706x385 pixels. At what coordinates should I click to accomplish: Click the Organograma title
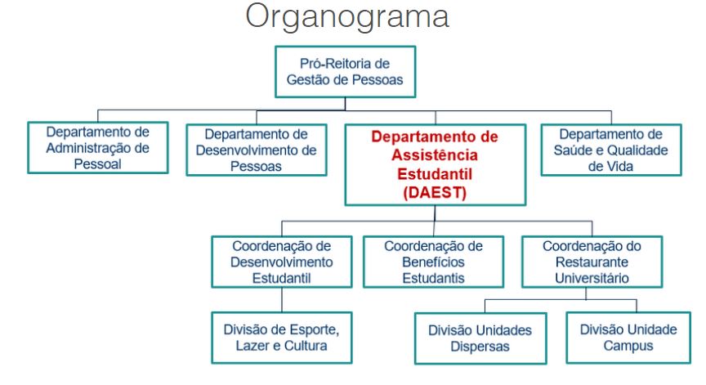click(x=347, y=17)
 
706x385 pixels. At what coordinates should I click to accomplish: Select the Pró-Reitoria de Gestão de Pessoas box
click(x=346, y=72)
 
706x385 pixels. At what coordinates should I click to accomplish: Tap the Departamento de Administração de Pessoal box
click(x=98, y=148)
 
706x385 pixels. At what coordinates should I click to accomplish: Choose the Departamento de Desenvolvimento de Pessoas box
click(x=257, y=150)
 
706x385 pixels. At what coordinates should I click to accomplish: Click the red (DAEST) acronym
click(x=435, y=193)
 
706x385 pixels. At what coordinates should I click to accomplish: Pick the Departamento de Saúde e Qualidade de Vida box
click(x=611, y=150)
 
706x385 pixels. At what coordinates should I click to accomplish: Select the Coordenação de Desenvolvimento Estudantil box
click(x=282, y=262)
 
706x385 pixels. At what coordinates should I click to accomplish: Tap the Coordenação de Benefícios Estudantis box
click(x=433, y=262)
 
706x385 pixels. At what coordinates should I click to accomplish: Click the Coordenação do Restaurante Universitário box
click(x=592, y=262)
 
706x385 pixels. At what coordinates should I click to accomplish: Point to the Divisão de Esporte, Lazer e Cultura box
click(x=282, y=338)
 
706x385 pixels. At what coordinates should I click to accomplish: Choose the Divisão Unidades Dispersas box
click(x=480, y=338)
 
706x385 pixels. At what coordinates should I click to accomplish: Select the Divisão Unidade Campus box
click(x=628, y=338)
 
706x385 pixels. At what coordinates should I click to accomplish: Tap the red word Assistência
click(x=435, y=155)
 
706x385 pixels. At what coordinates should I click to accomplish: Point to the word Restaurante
click(x=592, y=262)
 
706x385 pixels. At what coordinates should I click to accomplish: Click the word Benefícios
click(x=433, y=262)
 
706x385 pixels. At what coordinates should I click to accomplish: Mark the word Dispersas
click(x=480, y=347)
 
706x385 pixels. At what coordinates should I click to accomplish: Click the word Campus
click(x=628, y=346)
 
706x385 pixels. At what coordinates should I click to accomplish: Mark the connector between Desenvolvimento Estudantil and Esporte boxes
click(x=282, y=300)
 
